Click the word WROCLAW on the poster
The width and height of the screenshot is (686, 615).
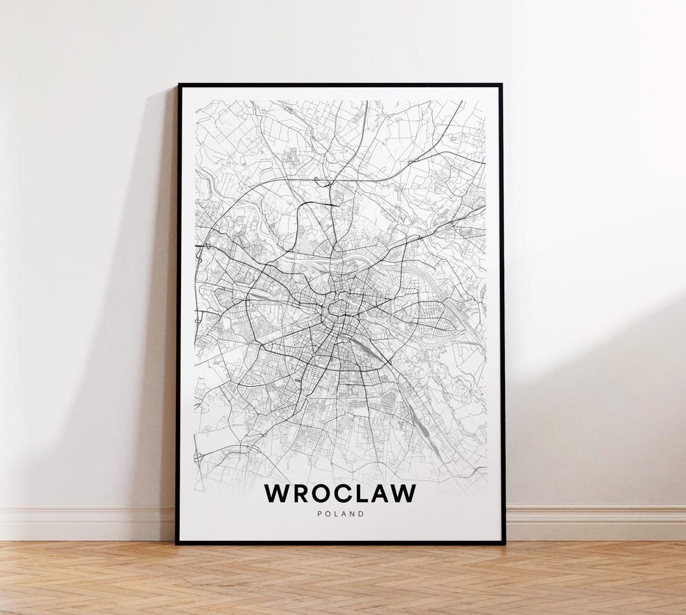pyautogui.click(x=340, y=494)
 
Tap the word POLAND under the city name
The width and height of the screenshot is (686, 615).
pyautogui.click(x=340, y=514)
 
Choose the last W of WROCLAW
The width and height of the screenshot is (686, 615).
pyautogui.click(x=405, y=494)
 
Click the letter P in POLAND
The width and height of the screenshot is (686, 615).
pyautogui.click(x=319, y=514)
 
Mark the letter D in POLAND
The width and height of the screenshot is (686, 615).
pyautogui.click(x=362, y=514)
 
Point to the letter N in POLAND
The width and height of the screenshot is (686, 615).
pyautogui.click(x=353, y=514)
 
